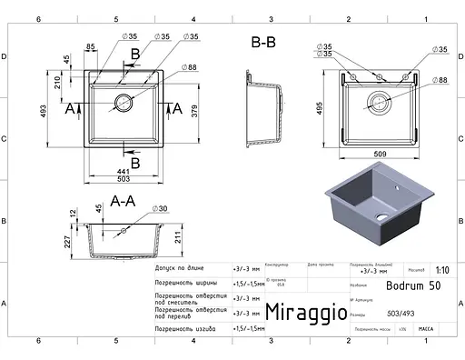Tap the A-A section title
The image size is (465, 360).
coord(122,200)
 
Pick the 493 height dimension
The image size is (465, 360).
coord(43,111)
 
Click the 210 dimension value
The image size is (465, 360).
coord(58,85)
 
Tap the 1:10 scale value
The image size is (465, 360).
coord(441,270)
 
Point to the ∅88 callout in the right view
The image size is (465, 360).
coord(440,81)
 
